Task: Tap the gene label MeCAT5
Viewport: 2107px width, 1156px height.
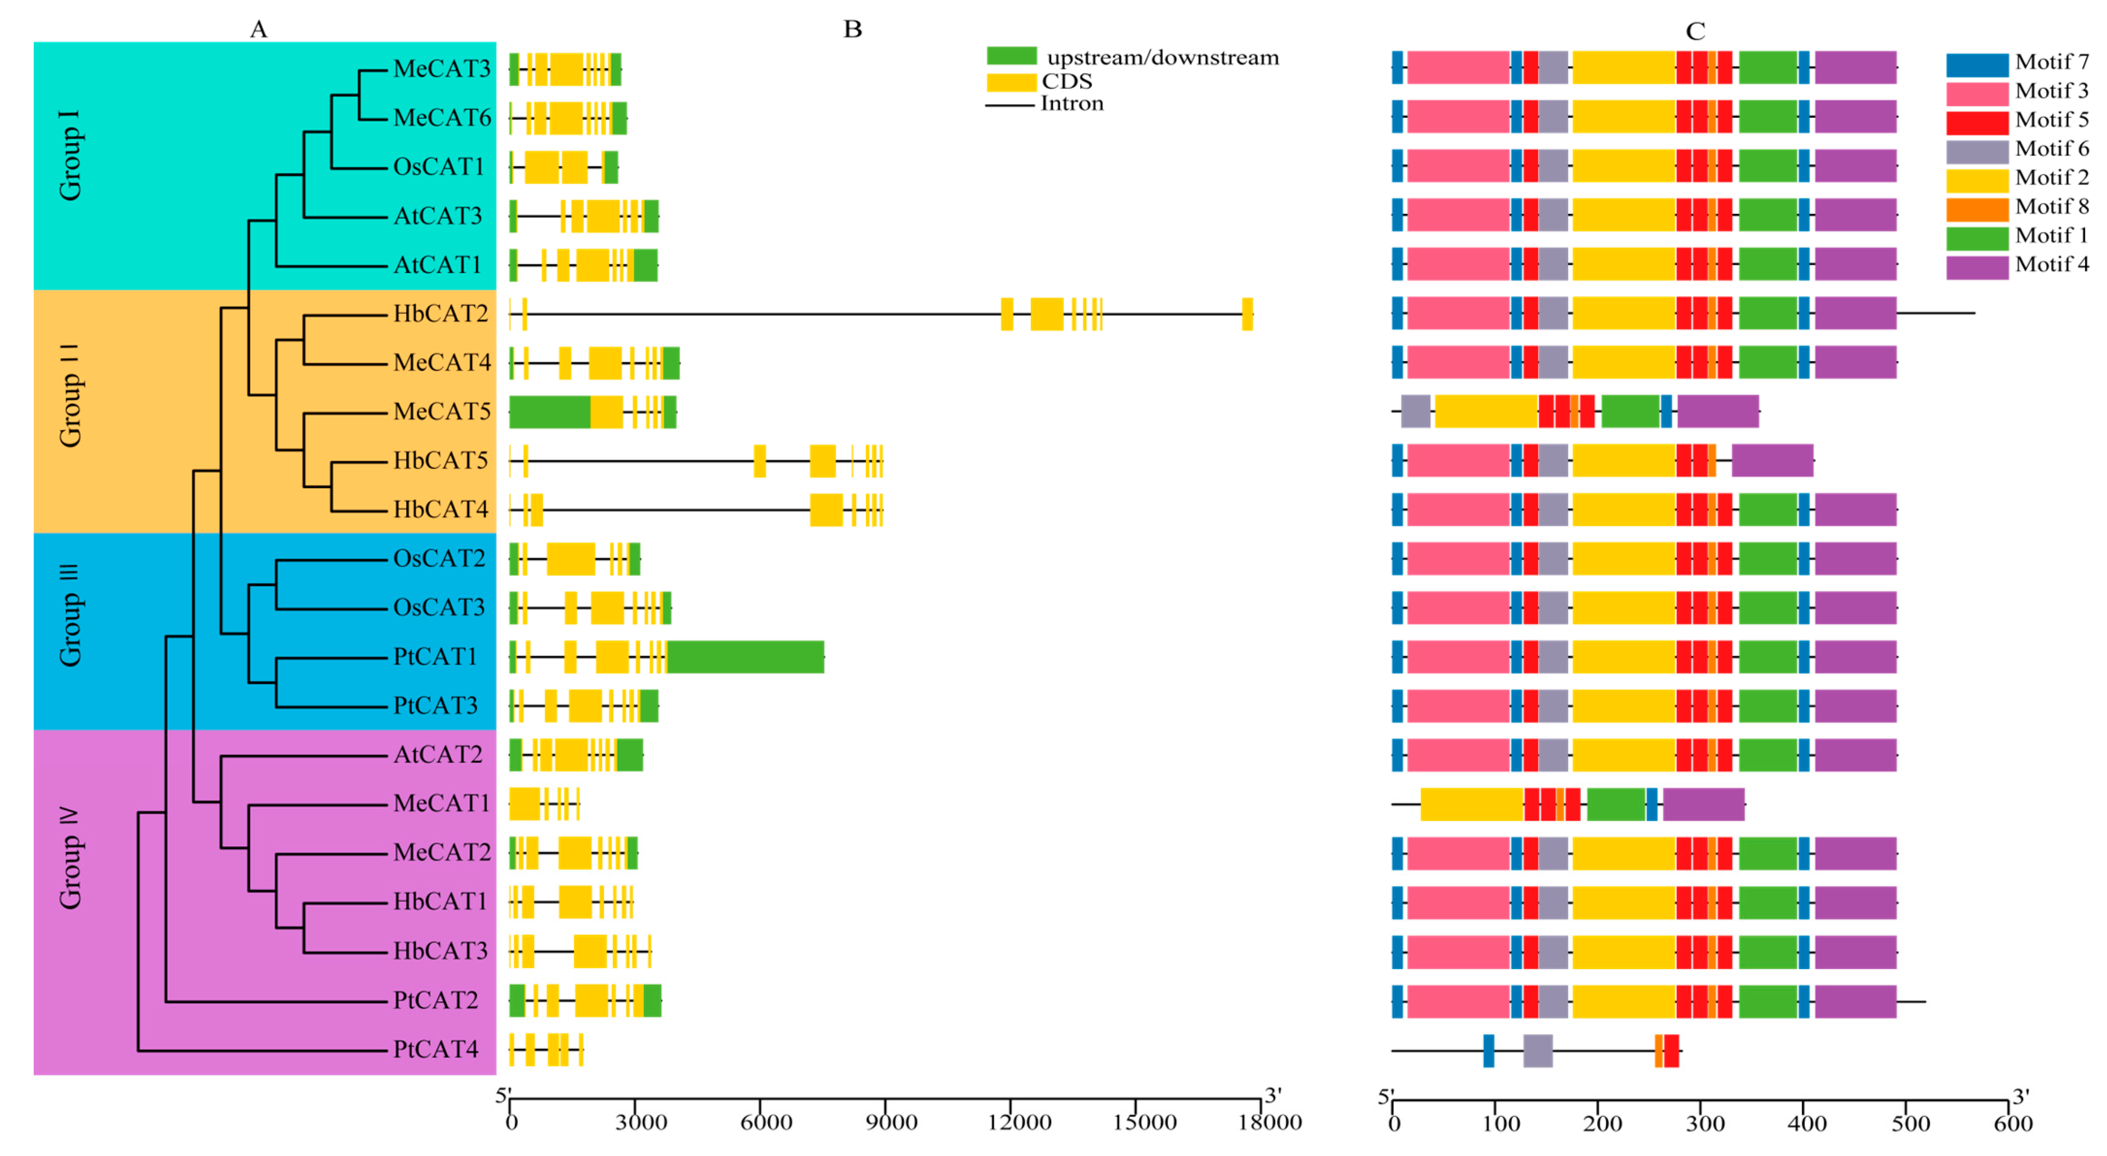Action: point(442,411)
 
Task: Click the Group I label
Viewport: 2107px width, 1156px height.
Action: point(70,155)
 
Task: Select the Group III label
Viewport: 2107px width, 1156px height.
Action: point(70,615)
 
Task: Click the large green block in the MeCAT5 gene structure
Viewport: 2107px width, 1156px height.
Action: point(549,411)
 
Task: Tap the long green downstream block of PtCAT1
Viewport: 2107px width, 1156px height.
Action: point(745,657)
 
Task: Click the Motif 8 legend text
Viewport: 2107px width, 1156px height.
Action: point(2051,207)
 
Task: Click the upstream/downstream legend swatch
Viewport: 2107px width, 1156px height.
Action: point(1012,56)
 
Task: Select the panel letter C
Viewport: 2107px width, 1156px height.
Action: point(1696,31)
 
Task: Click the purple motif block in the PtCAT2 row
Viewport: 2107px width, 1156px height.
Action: point(1855,1001)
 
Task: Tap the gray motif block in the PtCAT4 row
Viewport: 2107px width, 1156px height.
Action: point(1538,1050)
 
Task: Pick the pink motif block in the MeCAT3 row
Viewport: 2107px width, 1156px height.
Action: point(1458,68)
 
